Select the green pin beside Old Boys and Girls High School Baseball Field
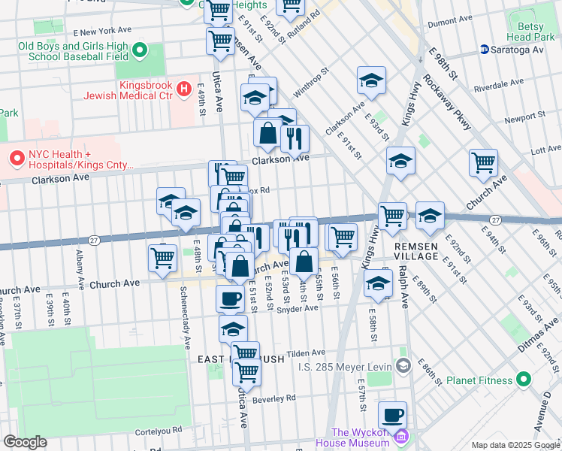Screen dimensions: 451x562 click(x=140, y=51)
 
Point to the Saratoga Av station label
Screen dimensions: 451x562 click(x=517, y=50)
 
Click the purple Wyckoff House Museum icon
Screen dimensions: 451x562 click(x=402, y=437)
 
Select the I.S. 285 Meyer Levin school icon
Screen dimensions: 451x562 click(x=403, y=366)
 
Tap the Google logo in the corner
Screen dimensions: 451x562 click(x=25, y=442)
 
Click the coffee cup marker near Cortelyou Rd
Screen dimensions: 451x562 click(x=392, y=414)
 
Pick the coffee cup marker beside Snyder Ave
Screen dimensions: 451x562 click(x=230, y=298)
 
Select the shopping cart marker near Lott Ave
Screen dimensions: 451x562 click(x=483, y=162)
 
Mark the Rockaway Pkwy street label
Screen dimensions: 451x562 click(x=446, y=101)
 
